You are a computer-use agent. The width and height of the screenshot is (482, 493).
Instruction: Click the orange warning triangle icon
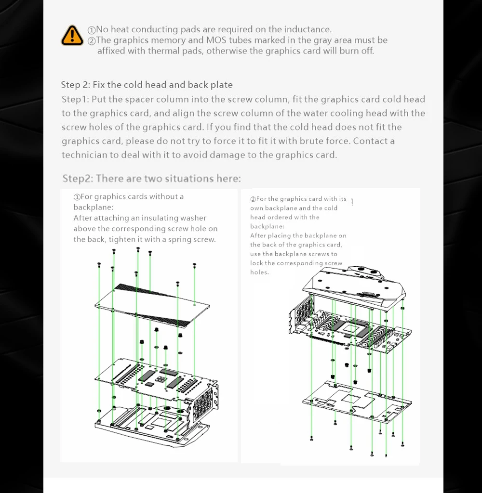tap(72, 35)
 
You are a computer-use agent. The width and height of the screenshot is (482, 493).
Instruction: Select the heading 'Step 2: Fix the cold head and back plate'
tap(147, 85)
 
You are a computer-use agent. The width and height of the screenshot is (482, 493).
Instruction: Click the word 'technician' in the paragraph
tap(85, 155)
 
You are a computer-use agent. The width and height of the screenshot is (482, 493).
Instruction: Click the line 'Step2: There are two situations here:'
tap(151, 179)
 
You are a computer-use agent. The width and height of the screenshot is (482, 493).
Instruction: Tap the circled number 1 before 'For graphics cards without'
tap(77, 197)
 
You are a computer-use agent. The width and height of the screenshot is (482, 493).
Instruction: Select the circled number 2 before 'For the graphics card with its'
tap(253, 199)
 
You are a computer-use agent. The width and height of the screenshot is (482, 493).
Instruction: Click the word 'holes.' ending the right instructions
tap(259, 272)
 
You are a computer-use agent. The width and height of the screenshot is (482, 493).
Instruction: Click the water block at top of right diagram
tap(354, 286)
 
